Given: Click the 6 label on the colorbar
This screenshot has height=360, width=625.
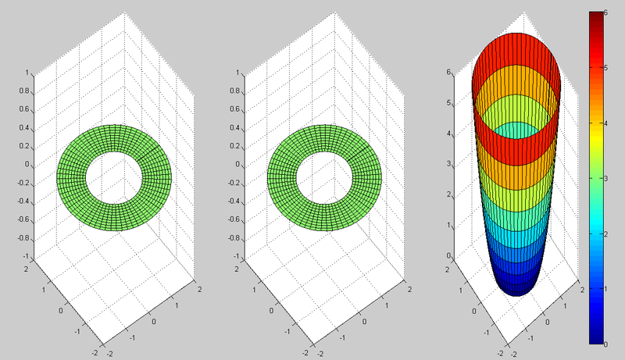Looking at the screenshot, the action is [605, 12].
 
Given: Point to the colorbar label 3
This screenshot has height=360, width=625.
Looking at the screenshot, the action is [605, 178].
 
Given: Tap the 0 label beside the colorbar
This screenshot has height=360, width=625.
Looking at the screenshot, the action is [605, 344].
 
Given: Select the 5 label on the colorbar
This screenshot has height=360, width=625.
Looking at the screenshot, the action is [605, 68].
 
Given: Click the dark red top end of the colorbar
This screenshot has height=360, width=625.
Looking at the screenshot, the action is [596, 16].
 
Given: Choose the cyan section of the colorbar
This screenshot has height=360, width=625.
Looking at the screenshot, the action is [596, 227].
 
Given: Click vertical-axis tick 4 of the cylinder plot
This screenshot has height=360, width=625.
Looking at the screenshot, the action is [448, 134].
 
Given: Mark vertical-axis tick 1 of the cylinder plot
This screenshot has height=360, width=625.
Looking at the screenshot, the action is [448, 225].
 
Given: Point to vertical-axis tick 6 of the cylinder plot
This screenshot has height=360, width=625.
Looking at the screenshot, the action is [448, 72].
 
